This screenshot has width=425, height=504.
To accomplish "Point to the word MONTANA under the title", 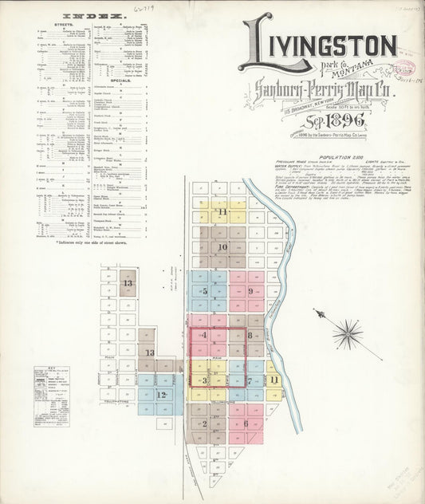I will click(325, 70).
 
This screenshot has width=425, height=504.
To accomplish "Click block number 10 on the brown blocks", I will click(223, 247).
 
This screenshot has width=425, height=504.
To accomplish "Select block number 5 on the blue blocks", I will click(205, 291).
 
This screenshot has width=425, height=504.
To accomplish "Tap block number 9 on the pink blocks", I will click(250, 291).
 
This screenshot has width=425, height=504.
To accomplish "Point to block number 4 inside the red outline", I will click(205, 335).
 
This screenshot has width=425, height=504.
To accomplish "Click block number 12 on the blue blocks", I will click(161, 394).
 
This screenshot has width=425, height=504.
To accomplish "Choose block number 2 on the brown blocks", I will click(205, 423).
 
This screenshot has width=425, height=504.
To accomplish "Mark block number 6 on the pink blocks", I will click(246, 423).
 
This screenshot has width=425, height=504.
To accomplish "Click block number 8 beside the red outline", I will click(250, 336).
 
